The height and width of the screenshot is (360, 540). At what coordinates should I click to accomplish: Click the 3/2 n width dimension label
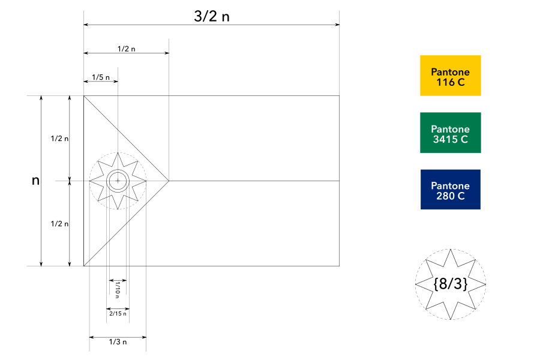[212, 16]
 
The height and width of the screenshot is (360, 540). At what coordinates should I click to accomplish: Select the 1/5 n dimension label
[101, 77]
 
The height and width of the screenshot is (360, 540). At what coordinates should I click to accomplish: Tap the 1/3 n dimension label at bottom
[118, 342]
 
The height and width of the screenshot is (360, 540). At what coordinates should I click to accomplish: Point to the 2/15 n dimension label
[118, 313]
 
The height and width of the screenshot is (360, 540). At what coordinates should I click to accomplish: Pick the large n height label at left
[36, 180]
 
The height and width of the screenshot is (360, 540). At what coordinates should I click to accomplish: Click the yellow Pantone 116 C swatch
[450, 76]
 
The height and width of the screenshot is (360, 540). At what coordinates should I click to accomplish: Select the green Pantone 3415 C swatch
[450, 133]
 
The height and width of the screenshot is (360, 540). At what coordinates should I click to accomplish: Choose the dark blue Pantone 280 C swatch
[450, 190]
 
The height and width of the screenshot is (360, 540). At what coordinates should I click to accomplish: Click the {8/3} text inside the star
[450, 284]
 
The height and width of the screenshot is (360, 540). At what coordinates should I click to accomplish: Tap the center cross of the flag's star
[118, 180]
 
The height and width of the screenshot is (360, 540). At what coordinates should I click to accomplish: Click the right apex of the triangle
[169, 180]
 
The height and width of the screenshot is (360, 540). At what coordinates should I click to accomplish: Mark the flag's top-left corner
[83, 95]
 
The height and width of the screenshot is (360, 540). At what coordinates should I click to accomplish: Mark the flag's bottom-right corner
[340, 266]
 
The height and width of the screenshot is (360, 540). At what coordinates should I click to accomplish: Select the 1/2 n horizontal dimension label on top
[126, 49]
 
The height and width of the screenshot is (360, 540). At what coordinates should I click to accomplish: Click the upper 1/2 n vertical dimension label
[59, 139]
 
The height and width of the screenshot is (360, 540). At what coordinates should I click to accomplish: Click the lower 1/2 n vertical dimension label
[59, 224]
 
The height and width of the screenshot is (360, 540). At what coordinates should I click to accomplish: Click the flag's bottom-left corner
[83, 266]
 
